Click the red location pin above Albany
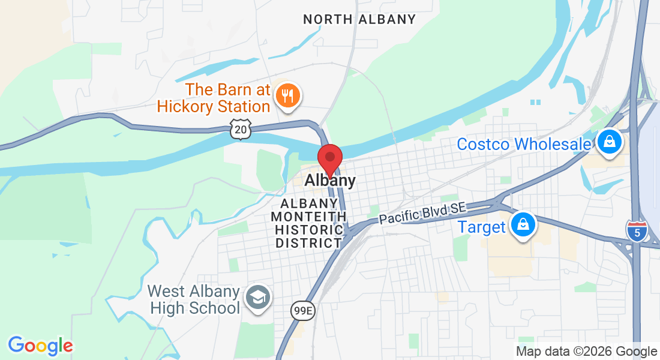pos(329,158)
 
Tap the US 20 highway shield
pos(240,129)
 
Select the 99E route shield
pos(302,311)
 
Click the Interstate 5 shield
pos(636,231)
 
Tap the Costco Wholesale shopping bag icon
pos(610,142)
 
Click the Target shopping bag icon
pos(523,225)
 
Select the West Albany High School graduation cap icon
pos(259,296)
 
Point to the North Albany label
pos(359,19)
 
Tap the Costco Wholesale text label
pos(524,145)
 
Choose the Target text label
pos(482,227)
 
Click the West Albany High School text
pos(194,300)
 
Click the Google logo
pos(40,346)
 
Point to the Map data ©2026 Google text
pos(587,352)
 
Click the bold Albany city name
pos(330,181)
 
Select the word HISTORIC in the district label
pos(308,230)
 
